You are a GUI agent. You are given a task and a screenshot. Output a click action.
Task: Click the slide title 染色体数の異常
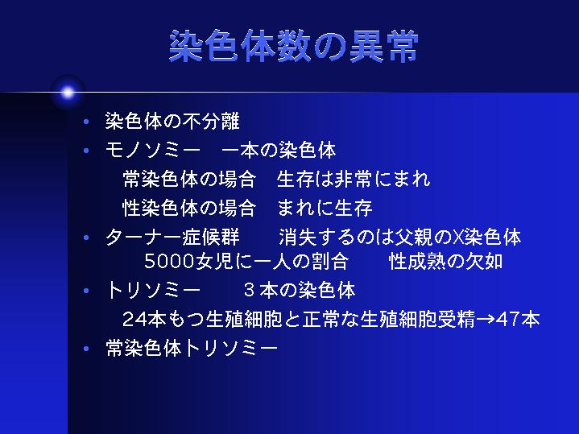pyautogui.click(x=294, y=46)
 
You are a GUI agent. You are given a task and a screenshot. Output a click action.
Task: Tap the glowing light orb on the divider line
pyautogui.click(x=68, y=93)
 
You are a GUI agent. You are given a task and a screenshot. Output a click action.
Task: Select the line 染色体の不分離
pyautogui.click(x=172, y=121)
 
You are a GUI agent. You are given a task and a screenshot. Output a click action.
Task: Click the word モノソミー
pyautogui.click(x=152, y=151)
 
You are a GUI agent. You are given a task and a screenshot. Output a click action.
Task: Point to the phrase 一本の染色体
pyautogui.click(x=279, y=151)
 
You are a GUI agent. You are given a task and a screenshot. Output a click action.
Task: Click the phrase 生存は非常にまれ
pyautogui.click(x=354, y=180)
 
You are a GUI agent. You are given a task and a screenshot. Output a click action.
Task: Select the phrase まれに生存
pyautogui.click(x=325, y=208)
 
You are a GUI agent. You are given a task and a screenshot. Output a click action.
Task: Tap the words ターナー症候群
pyautogui.click(x=172, y=238)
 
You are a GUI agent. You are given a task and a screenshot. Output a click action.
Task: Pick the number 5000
pyautogui.click(x=169, y=262)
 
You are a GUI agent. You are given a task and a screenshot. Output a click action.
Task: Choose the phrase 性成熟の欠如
pyautogui.click(x=445, y=262)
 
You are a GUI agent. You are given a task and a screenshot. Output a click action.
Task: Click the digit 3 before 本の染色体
pyautogui.click(x=250, y=291)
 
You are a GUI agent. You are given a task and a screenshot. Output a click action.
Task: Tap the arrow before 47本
pyautogui.click(x=486, y=320)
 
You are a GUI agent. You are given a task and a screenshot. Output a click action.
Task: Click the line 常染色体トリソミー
pyautogui.click(x=192, y=348)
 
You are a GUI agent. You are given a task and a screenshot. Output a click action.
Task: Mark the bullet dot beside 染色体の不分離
pyautogui.click(x=86, y=122)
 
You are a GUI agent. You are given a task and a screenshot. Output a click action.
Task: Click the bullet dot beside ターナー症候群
pyautogui.click(x=86, y=238)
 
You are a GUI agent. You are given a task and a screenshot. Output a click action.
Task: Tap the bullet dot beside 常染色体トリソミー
pyautogui.click(x=86, y=349)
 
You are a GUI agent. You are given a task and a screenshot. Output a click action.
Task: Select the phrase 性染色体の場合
pyautogui.click(x=189, y=208)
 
